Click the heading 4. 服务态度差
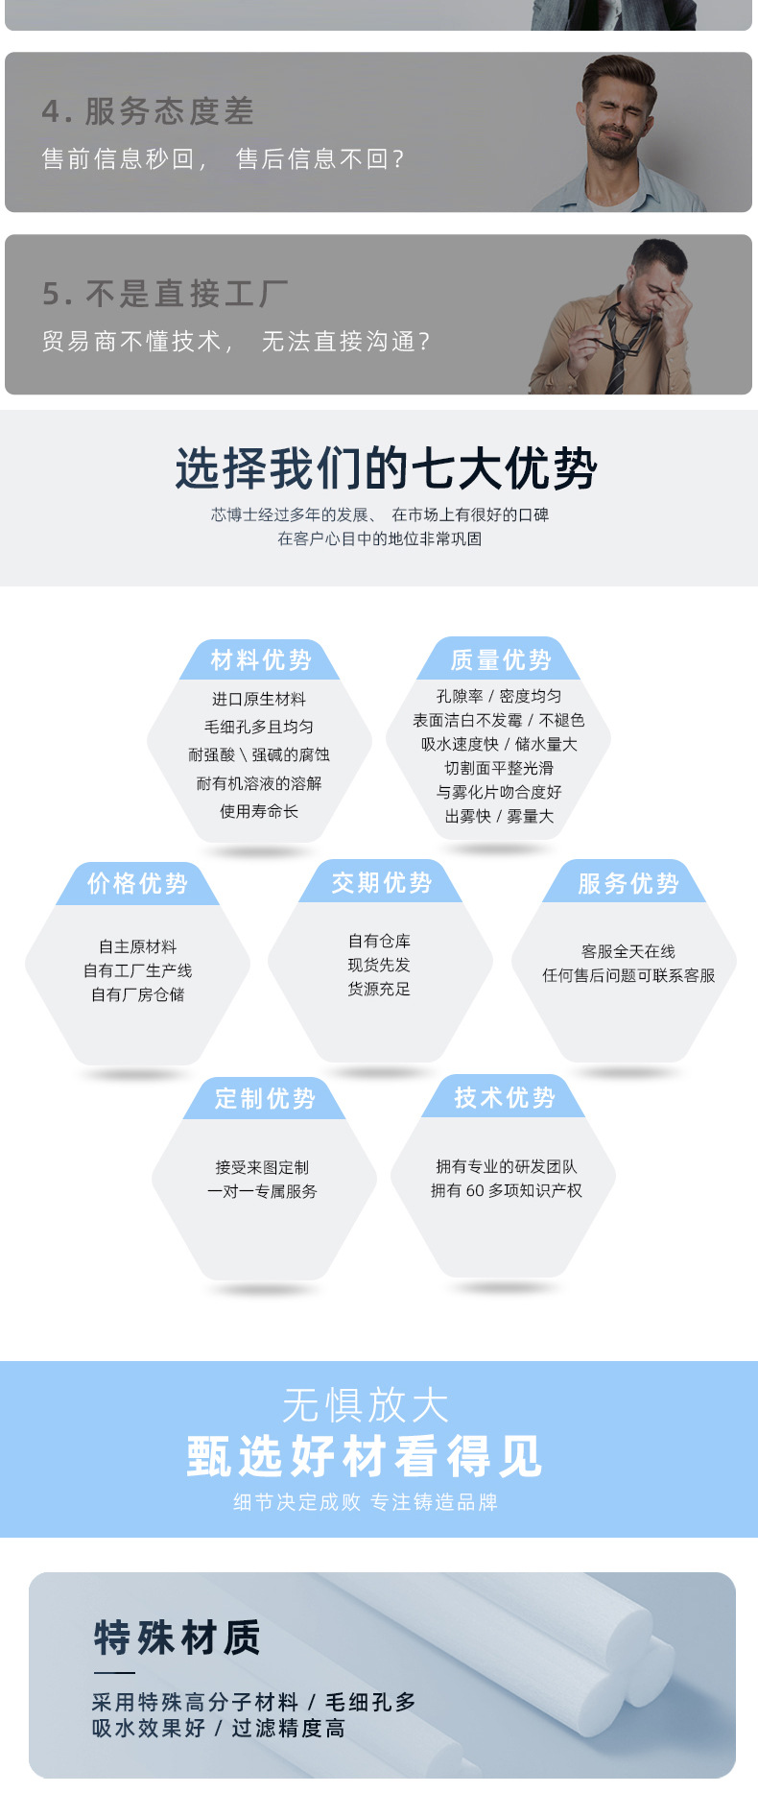pyautogui.click(x=148, y=112)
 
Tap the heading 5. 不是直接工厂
pyautogui.click(x=164, y=294)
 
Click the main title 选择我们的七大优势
pyautogui.click(x=386, y=468)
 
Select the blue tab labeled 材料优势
pyautogui.click(x=261, y=660)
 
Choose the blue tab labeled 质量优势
pyautogui.click(x=501, y=659)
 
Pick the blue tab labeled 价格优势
pyautogui.click(x=137, y=883)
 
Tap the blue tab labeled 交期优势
pyautogui.click(x=381, y=882)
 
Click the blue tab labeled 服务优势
pyautogui.click(x=628, y=883)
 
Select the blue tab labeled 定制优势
pyautogui.click(x=265, y=1098)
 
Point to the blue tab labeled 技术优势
pyautogui.click(x=505, y=1097)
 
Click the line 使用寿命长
pyautogui.click(x=259, y=811)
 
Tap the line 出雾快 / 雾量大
pyautogui.click(x=499, y=816)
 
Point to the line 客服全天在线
pyautogui.click(x=628, y=951)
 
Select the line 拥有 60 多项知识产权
pyautogui.click(x=506, y=1190)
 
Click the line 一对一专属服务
pyautogui.click(x=262, y=1191)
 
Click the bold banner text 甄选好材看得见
pyautogui.click(x=365, y=1456)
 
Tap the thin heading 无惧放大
pyautogui.click(x=366, y=1405)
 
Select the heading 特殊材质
pyautogui.click(x=177, y=1637)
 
